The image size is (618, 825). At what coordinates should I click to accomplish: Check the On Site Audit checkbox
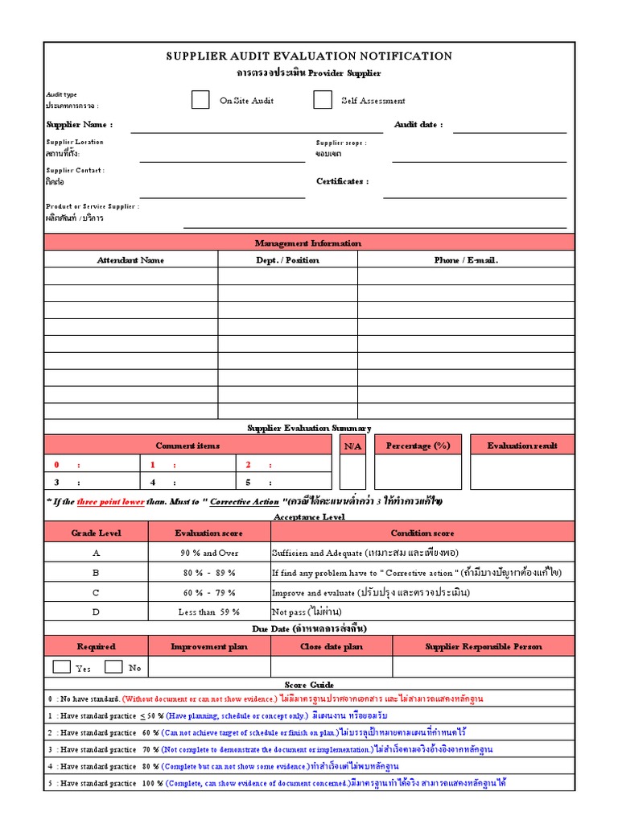click(x=200, y=100)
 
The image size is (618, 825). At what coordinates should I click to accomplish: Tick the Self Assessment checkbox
click(x=323, y=100)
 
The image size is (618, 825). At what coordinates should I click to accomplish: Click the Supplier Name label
click(x=79, y=125)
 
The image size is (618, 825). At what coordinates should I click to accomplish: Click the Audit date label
click(x=418, y=125)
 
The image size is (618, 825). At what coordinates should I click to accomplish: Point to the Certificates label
click(x=343, y=181)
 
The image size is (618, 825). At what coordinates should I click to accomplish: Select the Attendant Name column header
click(x=130, y=260)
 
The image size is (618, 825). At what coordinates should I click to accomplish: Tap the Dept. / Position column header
click(x=287, y=260)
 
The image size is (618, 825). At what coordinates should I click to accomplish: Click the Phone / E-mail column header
click(x=466, y=260)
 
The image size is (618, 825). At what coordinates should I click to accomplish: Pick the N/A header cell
click(x=352, y=446)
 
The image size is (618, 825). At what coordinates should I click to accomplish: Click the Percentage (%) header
click(x=418, y=446)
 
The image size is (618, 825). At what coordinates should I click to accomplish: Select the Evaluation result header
click(x=522, y=446)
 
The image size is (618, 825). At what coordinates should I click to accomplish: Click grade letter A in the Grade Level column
click(x=96, y=553)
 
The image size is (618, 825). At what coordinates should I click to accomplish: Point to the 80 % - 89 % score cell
click(x=208, y=573)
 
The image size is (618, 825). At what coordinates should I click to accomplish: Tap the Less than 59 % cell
click(x=208, y=611)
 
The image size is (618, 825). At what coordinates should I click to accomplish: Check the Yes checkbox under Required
click(x=61, y=666)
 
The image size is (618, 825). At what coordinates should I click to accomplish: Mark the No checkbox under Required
click(x=113, y=666)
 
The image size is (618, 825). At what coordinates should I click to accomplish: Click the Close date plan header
click(x=332, y=646)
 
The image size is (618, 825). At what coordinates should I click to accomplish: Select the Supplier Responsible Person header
click(x=484, y=646)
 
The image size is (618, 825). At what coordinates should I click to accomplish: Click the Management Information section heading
click(x=308, y=243)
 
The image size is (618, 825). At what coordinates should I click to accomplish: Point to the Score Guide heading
click(x=309, y=684)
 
